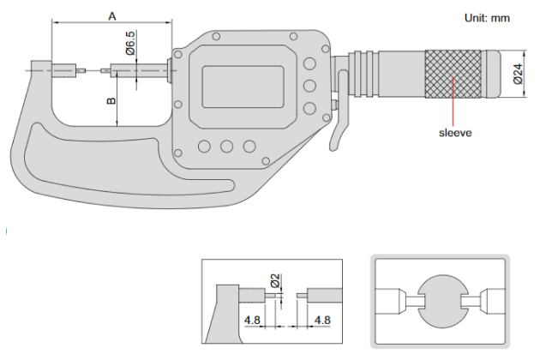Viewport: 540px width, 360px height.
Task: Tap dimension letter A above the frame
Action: point(112,15)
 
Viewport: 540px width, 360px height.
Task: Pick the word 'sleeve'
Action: point(454,133)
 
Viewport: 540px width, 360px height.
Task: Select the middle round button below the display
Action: point(227,147)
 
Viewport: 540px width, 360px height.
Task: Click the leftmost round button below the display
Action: point(204,147)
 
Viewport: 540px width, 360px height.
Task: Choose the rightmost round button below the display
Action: point(249,147)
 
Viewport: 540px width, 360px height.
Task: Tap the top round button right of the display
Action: point(307,63)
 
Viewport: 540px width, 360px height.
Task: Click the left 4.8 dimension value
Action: point(251,321)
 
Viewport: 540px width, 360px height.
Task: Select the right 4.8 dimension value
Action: point(322,321)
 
